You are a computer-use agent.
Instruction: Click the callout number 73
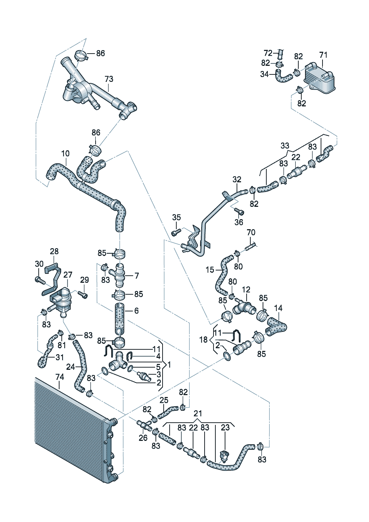(x=109, y=79)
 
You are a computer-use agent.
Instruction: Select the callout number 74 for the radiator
(x=60, y=377)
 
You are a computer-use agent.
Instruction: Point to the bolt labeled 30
(x=38, y=279)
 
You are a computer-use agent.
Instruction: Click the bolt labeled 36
(x=240, y=212)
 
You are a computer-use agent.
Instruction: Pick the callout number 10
(x=65, y=153)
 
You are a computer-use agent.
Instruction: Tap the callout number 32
(x=237, y=179)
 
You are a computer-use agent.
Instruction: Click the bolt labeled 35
(x=176, y=232)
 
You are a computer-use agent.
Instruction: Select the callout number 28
(x=54, y=252)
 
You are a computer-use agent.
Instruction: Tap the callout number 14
(x=278, y=308)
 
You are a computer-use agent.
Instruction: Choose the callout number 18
(x=203, y=340)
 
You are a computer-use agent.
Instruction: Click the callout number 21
(x=198, y=413)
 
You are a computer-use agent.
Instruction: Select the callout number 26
(x=143, y=438)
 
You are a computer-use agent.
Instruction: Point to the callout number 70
(x=251, y=233)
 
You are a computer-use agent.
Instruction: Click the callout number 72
(x=268, y=53)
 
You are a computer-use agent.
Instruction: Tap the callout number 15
(x=210, y=270)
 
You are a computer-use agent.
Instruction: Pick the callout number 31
(x=60, y=357)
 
